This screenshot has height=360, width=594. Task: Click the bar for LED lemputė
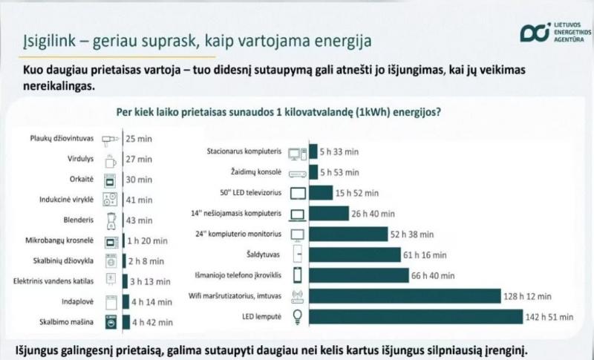(x=416, y=317)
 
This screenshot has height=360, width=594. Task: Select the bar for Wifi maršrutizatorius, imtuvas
(x=405, y=296)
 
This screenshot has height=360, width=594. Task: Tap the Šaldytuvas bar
(x=355, y=255)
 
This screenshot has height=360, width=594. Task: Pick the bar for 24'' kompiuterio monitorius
(x=348, y=234)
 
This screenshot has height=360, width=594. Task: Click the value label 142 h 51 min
(x=549, y=317)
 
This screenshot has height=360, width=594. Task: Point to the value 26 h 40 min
(x=373, y=214)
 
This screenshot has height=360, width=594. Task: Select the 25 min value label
(x=139, y=139)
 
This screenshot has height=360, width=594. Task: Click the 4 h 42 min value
(x=152, y=323)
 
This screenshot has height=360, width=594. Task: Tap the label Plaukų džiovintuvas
(x=62, y=139)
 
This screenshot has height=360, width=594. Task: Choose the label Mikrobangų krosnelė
(x=59, y=240)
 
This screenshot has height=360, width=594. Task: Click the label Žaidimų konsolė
(x=256, y=172)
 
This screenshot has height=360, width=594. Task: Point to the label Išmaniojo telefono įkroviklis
(x=238, y=275)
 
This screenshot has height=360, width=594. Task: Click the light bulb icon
(x=298, y=317)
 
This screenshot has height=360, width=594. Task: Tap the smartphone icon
(x=298, y=275)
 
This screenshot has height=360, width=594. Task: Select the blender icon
(x=111, y=220)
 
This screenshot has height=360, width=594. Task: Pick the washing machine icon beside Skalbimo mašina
(x=111, y=322)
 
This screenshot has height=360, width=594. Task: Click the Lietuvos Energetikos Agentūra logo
(x=555, y=32)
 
